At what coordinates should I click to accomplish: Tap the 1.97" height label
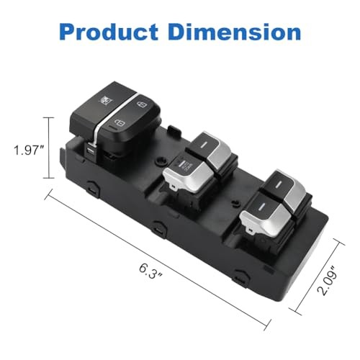(x=28, y=150)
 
